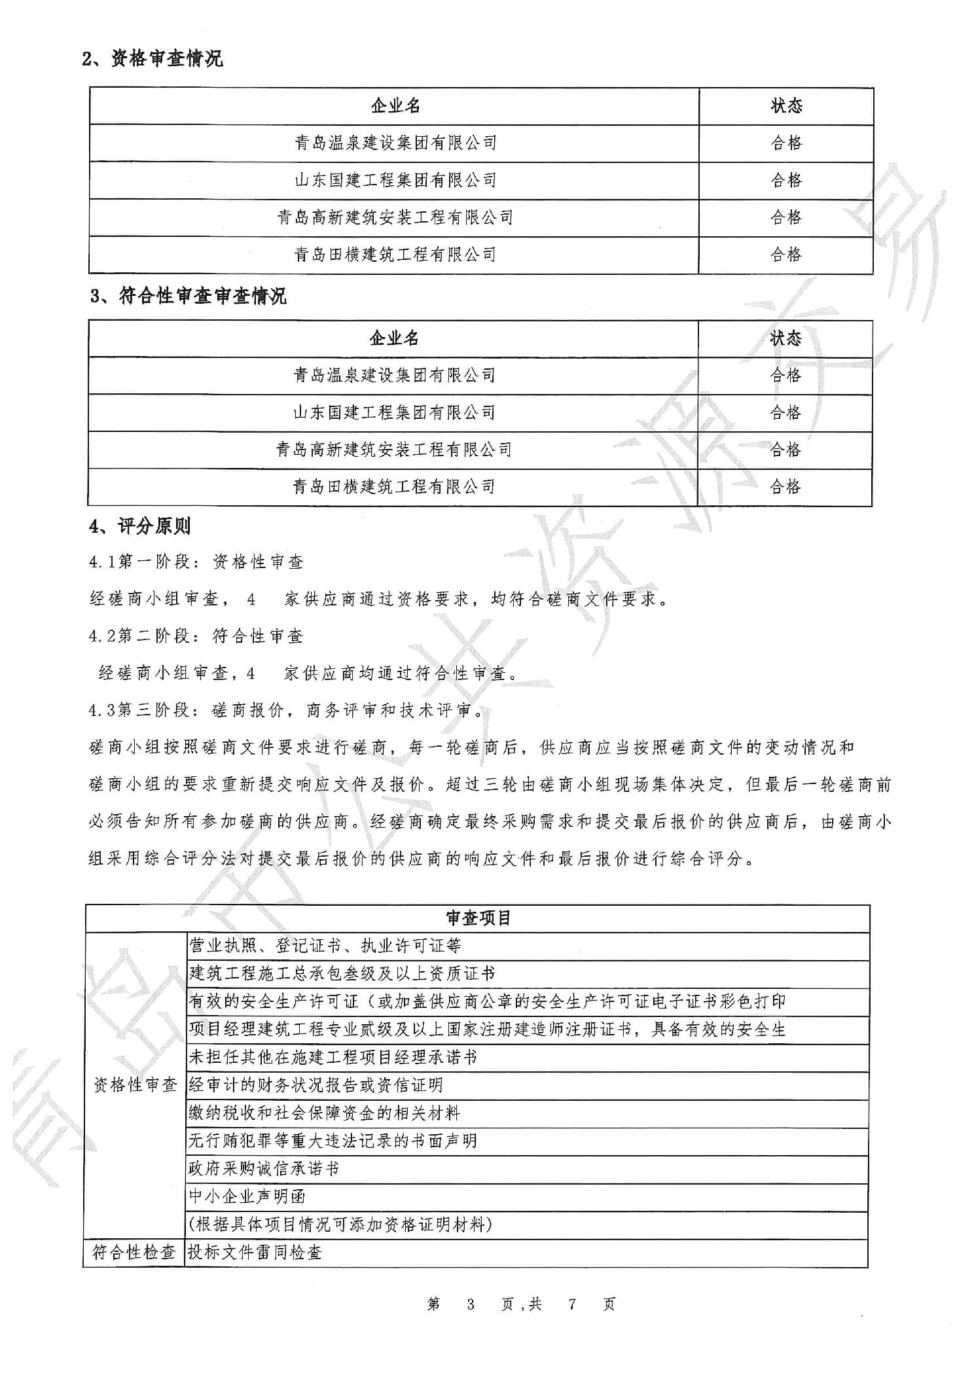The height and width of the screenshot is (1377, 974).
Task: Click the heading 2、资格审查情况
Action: coord(153,59)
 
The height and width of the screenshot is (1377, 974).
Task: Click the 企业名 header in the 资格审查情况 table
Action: coord(395,106)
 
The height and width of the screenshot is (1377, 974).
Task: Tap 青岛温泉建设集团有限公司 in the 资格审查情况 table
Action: coord(395,143)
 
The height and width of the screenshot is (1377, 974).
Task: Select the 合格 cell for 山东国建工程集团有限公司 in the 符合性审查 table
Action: coord(785,412)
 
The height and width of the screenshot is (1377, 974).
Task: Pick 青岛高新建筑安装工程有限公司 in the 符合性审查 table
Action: coord(393,450)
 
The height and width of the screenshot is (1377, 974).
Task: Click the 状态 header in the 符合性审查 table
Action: coord(785,338)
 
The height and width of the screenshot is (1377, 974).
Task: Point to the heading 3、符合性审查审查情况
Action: coord(189,296)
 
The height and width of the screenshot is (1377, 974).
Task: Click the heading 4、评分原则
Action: coord(139,526)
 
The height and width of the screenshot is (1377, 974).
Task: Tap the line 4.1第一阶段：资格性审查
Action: coord(196,562)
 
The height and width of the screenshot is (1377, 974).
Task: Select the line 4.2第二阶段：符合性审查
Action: coord(196,636)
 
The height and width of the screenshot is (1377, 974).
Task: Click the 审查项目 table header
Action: coord(478,918)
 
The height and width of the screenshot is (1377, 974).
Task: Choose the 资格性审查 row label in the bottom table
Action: coord(135,1084)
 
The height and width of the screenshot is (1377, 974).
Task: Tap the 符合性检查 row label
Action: coord(134,1253)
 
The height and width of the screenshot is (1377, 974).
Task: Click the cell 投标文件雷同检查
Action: coord(255,1253)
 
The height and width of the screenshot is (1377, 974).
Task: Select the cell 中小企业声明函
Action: coord(247,1196)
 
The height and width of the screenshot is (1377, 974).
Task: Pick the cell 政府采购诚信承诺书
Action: coord(264,1168)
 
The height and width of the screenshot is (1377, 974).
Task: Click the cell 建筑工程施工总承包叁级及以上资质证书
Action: coord(342,973)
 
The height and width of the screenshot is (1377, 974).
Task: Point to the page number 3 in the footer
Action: coord(470,1304)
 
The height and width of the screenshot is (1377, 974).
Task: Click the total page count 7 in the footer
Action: coord(571,1304)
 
